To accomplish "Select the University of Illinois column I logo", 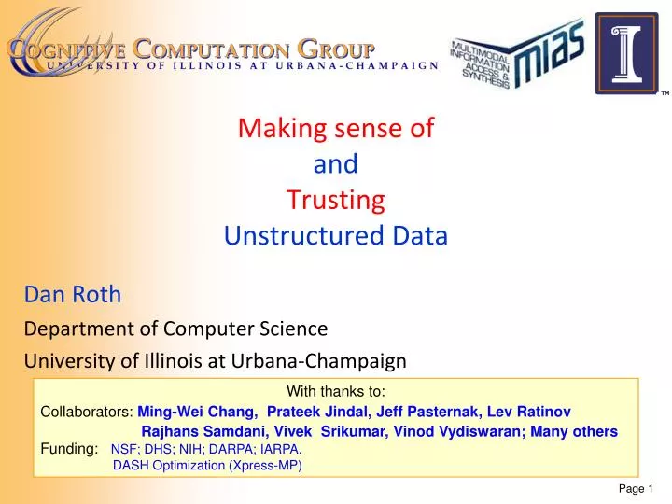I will coord(627,54).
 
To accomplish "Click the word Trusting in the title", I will coord(336,200).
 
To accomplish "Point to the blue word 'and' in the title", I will coord(336,164).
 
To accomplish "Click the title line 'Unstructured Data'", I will coord(336,236).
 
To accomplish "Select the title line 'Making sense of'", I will coord(336,129).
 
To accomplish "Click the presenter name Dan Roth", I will coord(73,295).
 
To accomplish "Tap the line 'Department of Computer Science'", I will coord(175,328).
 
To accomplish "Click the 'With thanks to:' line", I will coord(336,392).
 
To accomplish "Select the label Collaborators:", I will coord(88,412).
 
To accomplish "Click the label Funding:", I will coord(68,449).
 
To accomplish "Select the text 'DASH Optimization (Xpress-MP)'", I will coord(207,466).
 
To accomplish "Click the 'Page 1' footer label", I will coord(638,491).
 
